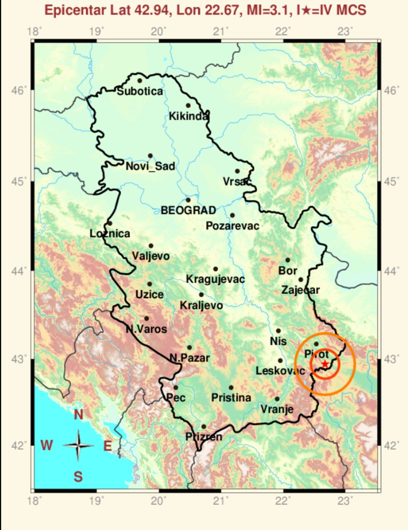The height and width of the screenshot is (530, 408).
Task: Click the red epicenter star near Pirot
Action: coord(325,364)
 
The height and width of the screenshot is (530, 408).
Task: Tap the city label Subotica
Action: coord(140,91)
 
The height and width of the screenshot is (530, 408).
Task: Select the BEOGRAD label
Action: coord(188,210)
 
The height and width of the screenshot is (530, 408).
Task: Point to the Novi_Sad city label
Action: coord(150,166)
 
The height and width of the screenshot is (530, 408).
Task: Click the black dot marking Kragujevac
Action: coord(215,269)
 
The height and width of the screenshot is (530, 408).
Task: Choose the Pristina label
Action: coord(231,398)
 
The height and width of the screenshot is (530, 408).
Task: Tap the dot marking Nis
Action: coord(279,331)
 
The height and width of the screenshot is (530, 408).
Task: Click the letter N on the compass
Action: coord(78,415)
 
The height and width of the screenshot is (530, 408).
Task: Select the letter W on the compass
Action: coord(47,446)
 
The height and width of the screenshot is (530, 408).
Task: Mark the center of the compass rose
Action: coord(78,446)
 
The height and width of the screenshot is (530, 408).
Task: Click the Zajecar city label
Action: coord(301,289)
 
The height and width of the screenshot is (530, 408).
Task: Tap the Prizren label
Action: coord(204,436)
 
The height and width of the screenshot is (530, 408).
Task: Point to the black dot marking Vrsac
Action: coord(237,171)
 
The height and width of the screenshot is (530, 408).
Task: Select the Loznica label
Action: coord(110,233)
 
